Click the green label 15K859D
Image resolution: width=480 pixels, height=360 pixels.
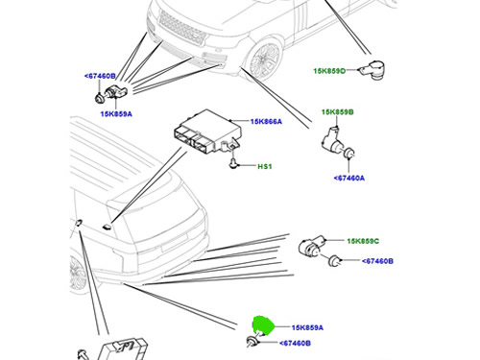tap(329, 71)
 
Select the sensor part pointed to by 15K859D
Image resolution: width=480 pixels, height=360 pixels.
tap(372, 68)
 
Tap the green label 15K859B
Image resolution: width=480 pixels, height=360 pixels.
tap(338, 112)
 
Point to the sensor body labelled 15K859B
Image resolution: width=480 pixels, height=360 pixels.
tap(334, 140)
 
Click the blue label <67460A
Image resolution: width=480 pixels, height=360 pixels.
tap(348, 178)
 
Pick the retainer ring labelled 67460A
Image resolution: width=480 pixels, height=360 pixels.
tap(348, 154)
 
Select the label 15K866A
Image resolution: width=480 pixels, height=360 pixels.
tap(266, 122)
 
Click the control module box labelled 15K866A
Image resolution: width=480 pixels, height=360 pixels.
tap(207, 132)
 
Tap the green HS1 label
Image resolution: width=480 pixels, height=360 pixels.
tap(265, 166)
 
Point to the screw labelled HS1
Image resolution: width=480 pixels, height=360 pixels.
tap(233, 163)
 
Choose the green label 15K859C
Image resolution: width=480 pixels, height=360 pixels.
tap(363, 241)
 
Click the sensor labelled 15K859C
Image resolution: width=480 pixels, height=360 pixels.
tap(311, 246)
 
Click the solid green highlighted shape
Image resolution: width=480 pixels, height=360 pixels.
tap(263, 325)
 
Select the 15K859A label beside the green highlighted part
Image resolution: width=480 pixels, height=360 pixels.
tap(307, 327)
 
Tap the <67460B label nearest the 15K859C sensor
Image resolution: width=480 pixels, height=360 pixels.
tap(377, 261)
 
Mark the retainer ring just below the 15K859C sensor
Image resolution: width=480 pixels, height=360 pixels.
tap(335, 260)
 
